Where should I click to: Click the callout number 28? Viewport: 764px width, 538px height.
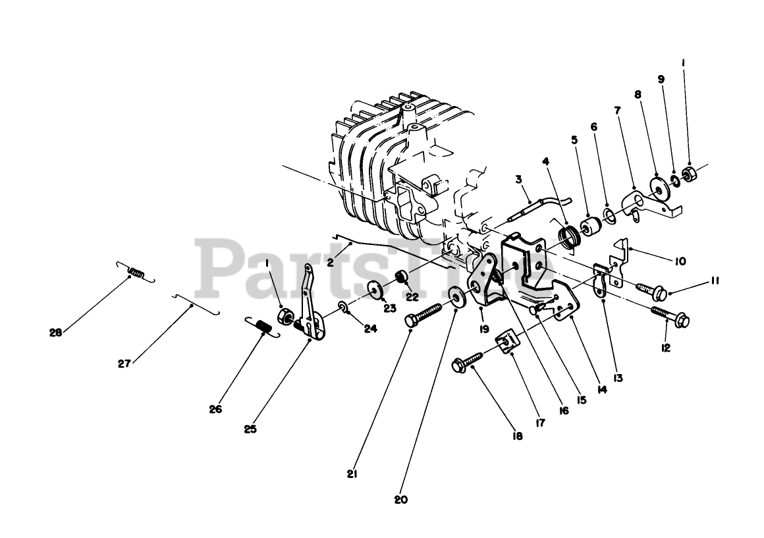click(x=55, y=333)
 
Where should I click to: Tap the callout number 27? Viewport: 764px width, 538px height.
click(x=125, y=362)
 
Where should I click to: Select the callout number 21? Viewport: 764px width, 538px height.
click(x=352, y=473)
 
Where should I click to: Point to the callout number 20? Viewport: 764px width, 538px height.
click(x=400, y=500)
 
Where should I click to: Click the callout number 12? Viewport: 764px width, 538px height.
click(x=666, y=347)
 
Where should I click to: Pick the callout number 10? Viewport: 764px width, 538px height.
click(x=680, y=261)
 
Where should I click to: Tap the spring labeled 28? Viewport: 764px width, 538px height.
click(x=136, y=271)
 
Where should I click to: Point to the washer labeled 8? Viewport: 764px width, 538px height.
click(x=658, y=187)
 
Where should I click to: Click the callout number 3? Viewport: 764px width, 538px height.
click(x=518, y=178)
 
